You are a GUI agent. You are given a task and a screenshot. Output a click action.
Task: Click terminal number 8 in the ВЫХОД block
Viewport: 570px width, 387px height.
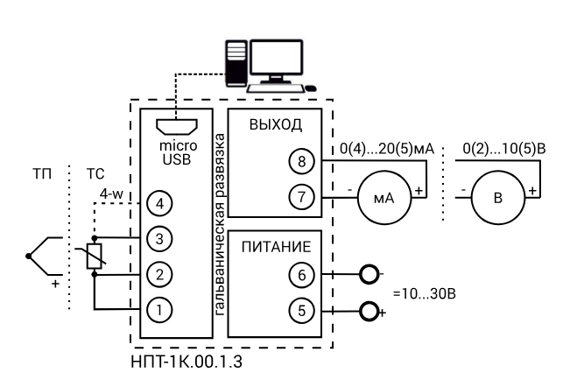tap(302, 161)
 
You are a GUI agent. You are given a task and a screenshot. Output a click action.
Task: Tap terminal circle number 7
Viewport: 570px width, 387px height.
tap(302, 197)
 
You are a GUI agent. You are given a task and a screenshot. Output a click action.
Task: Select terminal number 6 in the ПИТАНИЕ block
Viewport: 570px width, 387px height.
tap(302, 275)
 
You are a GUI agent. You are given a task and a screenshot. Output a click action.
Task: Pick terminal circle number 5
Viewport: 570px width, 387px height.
tap(302, 311)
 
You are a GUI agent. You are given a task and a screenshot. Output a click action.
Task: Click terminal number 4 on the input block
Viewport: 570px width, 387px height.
tap(159, 203)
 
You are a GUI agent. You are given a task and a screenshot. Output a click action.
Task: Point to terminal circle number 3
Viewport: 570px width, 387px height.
tap(159, 239)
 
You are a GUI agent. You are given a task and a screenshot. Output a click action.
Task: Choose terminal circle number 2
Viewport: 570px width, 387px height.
tap(159, 274)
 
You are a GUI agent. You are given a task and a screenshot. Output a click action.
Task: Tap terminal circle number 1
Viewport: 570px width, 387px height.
tap(159, 310)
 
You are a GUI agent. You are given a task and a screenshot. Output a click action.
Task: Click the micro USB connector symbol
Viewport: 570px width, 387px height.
tap(177, 126)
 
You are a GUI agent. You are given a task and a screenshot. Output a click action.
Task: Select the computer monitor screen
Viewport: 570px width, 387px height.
tap(277, 57)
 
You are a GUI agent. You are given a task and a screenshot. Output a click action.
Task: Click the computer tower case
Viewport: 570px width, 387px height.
tap(236, 63)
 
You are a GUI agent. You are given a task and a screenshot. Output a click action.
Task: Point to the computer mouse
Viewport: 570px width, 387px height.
tap(311, 88)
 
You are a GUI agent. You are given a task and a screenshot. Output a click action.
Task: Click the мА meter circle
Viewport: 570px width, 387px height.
tap(384, 198)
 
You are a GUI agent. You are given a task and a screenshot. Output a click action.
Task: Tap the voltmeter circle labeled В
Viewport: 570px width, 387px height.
tap(498, 198)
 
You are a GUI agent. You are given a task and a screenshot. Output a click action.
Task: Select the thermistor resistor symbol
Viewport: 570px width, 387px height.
tap(95, 256)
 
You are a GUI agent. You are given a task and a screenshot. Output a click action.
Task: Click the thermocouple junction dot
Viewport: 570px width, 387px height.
tap(28, 257)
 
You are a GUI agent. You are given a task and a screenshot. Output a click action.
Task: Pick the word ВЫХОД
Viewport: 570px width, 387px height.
tap(276, 124)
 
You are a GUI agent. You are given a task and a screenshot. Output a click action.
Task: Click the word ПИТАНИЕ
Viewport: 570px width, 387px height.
tap(277, 247)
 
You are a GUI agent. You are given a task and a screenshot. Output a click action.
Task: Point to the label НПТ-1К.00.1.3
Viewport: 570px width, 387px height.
tap(186, 362)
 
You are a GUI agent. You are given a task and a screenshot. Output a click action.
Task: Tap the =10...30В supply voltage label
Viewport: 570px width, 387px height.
tap(425, 293)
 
